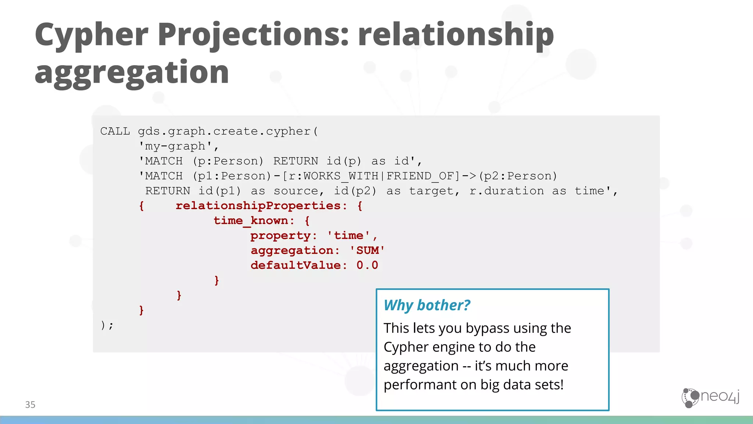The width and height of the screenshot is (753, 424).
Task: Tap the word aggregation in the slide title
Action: (x=132, y=73)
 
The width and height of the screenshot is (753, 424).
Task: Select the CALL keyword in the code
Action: (x=115, y=131)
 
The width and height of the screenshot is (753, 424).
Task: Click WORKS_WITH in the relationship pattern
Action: (x=341, y=176)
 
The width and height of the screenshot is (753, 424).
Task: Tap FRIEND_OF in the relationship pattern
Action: (x=420, y=176)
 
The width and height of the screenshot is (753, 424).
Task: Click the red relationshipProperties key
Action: (x=258, y=206)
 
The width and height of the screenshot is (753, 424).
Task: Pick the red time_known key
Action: (x=251, y=221)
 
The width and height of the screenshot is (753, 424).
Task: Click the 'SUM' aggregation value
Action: (x=367, y=251)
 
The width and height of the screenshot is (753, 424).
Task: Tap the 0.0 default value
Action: (x=367, y=265)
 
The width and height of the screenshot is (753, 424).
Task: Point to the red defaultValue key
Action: (x=296, y=265)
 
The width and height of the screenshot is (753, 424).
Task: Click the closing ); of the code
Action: (x=107, y=325)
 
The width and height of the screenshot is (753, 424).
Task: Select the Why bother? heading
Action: (x=427, y=305)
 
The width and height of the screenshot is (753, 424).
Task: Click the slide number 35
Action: (x=30, y=404)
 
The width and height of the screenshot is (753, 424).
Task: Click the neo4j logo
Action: (x=710, y=397)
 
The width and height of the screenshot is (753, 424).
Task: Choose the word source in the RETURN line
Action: (x=296, y=191)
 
